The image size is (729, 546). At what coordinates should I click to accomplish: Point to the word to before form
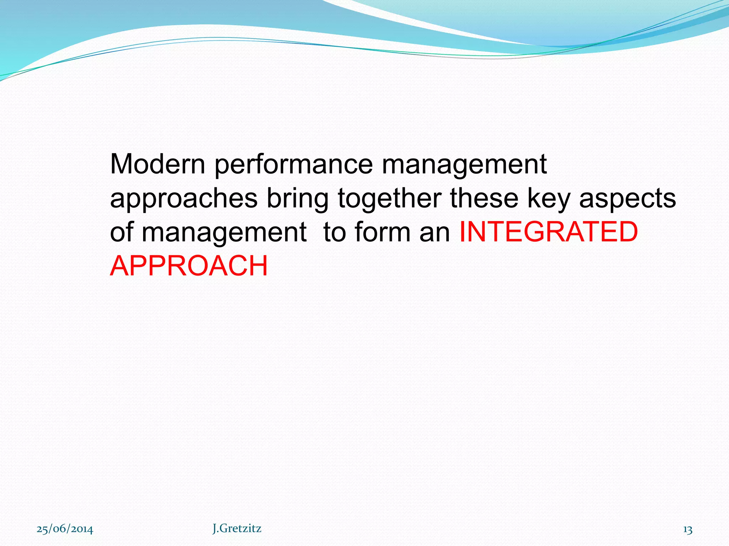pyautogui.click(x=335, y=232)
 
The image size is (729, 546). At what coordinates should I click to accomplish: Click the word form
pyautogui.click(x=382, y=232)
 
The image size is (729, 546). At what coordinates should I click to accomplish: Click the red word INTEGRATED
pyautogui.click(x=549, y=232)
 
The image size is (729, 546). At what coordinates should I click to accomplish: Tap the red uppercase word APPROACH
pyautogui.click(x=189, y=266)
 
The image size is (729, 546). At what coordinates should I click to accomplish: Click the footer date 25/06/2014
pyautogui.click(x=65, y=529)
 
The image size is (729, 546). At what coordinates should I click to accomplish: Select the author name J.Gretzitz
pyautogui.click(x=237, y=529)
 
